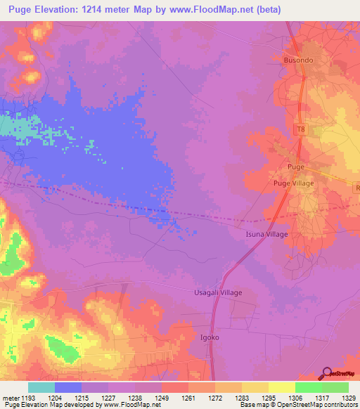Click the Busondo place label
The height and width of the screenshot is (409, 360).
298,60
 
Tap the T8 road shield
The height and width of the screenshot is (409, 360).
302,129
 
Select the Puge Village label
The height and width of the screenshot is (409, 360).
293,183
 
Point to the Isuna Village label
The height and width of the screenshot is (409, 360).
266,234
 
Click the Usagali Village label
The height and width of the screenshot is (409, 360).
218,292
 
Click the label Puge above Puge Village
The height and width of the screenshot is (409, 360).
295,167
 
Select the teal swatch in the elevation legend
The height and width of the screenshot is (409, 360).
41,387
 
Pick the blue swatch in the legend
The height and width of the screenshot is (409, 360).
67,387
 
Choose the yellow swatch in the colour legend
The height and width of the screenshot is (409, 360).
281,387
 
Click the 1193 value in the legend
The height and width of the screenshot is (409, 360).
29,397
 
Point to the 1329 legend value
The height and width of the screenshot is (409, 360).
348,397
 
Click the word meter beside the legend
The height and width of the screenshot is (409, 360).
11,397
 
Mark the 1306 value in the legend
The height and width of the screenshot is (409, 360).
295,397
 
